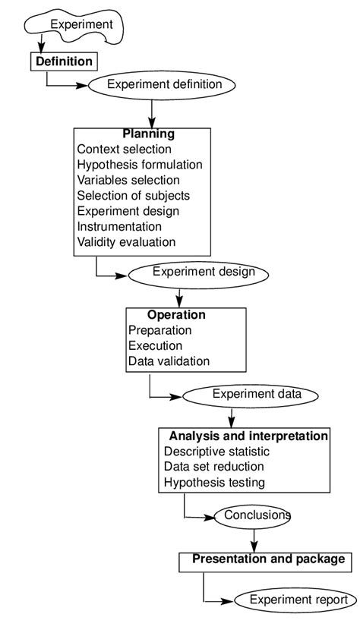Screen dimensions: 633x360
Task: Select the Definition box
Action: tap(65, 61)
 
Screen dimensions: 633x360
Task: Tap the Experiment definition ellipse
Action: tap(164, 84)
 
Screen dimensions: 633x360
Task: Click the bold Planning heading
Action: tap(149, 134)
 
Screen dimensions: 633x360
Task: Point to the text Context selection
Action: tap(124, 150)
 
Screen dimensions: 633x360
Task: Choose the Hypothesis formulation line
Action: tap(140, 165)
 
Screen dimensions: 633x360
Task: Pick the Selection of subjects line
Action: tap(133, 196)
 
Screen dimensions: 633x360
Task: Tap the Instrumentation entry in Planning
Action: tap(119, 226)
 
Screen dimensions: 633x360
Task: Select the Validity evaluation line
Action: tap(126, 242)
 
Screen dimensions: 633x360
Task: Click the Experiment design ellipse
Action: tap(198, 272)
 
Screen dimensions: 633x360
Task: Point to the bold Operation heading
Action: tap(176, 314)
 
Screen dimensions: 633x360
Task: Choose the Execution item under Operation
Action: tap(155, 345)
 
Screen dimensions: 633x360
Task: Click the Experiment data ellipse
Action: tap(256, 394)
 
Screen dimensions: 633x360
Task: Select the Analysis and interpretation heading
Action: tap(248, 436)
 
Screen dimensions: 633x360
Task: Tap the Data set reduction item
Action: tap(213, 466)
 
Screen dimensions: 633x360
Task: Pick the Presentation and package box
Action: tap(267, 560)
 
